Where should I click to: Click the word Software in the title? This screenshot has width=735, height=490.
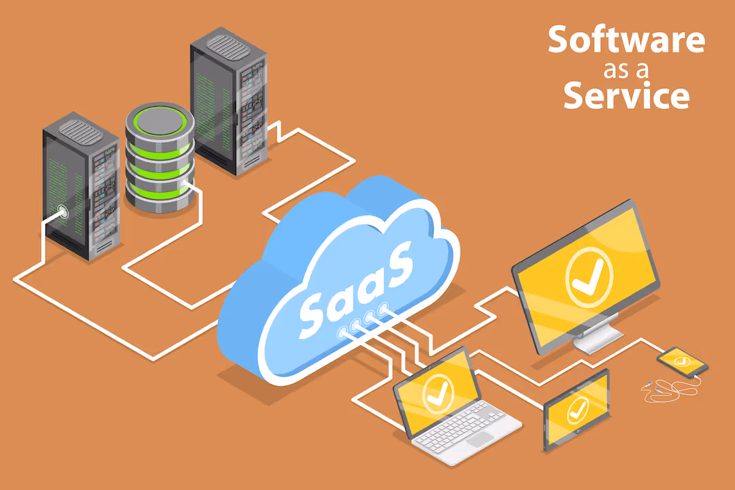pyautogui.click(x=626, y=41)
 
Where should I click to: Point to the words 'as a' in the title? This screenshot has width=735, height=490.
pyautogui.click(x=626, y=69)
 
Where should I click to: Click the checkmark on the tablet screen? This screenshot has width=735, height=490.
pyautogui.click(x=578, y=409)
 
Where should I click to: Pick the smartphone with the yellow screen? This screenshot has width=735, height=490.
pyautogui.click(x=682, y=361)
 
